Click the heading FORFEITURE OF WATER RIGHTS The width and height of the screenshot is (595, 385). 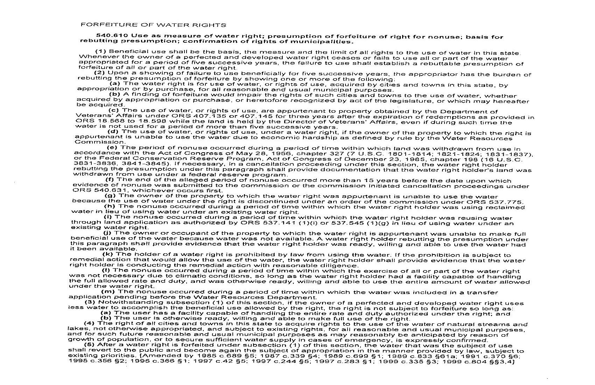[x=153, y=25]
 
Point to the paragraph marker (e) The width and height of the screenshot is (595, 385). [x=112, y=148]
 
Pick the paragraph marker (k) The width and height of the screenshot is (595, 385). [x=108, y=254]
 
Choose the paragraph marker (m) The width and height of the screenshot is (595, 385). [x=107, y=292]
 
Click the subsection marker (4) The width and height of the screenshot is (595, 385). [x=90, y=324]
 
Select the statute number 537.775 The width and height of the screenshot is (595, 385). [x=509, y=202]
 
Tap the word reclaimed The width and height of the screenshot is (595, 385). [x=510, y=207]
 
